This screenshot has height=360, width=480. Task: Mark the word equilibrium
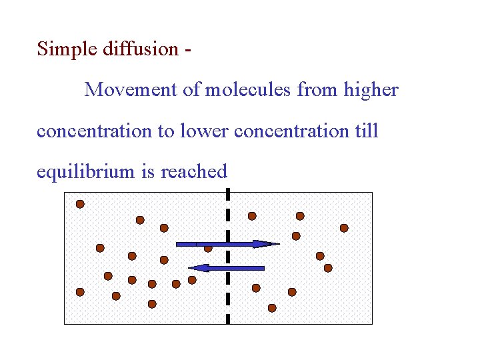coord(86,172)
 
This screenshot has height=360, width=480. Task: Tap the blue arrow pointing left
coord(227,267)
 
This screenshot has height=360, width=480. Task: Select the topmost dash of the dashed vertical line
coord(228,195)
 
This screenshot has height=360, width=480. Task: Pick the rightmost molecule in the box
coord(344,228)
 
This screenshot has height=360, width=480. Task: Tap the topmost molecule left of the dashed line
coord(80,204)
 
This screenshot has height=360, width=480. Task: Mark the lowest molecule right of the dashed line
coord(272,308)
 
